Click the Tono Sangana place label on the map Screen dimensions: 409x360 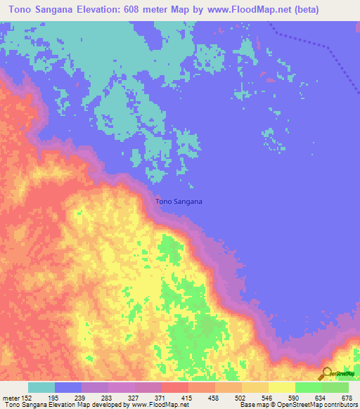pos(179,202)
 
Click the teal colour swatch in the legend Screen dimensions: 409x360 pos(41,387)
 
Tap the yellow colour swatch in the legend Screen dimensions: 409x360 pos(281,387)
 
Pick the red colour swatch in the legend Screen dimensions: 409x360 pos(174,387)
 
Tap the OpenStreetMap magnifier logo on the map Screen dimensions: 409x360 pos(326,372)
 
